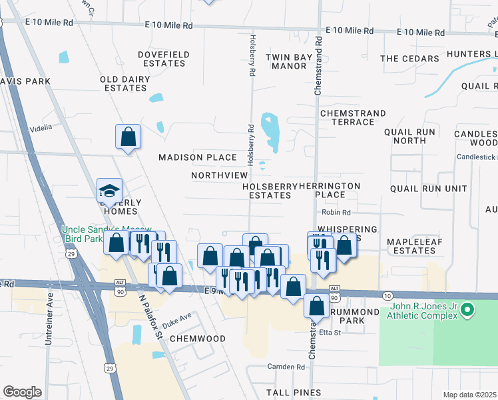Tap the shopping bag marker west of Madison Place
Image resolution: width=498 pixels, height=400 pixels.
(x=128, y=137)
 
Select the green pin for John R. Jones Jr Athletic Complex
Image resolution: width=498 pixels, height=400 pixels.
(x=468, y=309)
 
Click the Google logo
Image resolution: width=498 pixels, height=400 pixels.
(x=22, y=392)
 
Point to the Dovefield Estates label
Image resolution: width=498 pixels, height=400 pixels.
(x=162, y=59)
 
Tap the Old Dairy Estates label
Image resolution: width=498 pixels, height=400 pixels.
(x=123, y=83)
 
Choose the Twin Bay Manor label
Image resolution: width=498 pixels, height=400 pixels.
(x=289, y=62)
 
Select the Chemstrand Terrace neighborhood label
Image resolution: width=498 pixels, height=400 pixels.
(x=348, y=118)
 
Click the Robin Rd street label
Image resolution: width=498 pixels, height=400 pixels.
(x=336, y=212)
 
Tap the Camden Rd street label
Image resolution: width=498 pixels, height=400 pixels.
(x=286, y=367)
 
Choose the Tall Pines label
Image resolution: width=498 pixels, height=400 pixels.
(x=294, y=393)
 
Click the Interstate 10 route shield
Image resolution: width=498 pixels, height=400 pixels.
(x=388, y=295)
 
